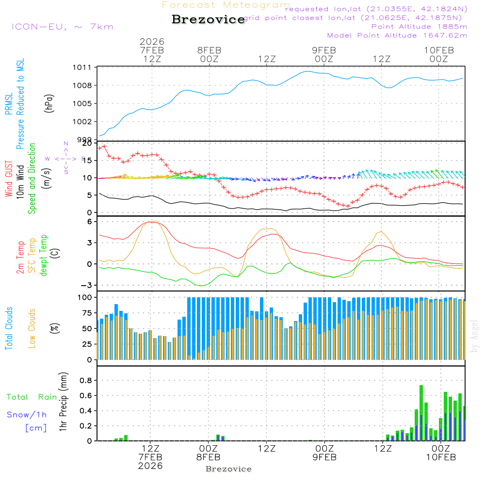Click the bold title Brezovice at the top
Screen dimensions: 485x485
click(208, 19)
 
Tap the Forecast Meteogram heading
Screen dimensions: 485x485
click(226, 5)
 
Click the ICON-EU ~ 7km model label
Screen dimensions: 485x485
click(62, 26)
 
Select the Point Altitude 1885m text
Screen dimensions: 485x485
click(419, 26)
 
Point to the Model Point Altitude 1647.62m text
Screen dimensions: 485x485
click(397, 35)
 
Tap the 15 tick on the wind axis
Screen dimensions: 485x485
click(87, 161)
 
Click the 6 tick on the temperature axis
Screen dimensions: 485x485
click(90, 222)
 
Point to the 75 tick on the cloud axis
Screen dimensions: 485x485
click(87, 313)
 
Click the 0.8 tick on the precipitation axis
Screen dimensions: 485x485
click(86, 380)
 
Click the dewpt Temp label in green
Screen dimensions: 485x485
click(44, 256)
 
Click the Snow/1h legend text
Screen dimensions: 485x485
click(27, 415)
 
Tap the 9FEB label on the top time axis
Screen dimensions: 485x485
click(323, 50)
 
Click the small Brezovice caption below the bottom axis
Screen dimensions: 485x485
click(228, 469)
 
